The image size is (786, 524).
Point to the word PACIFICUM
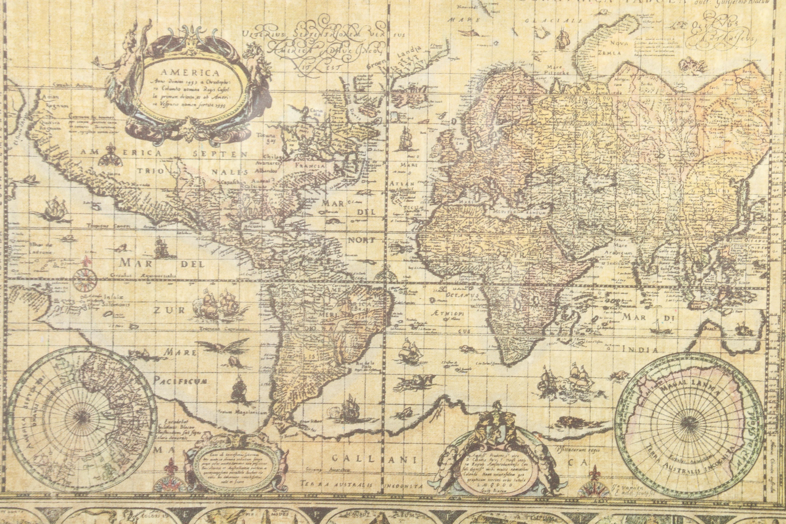click(180, 381)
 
